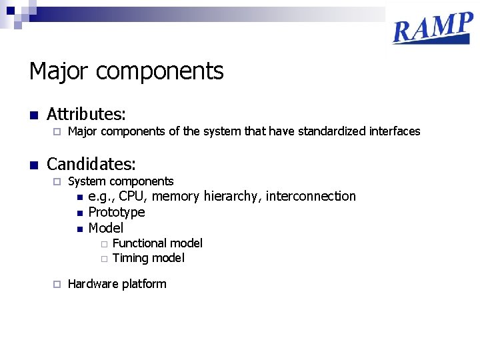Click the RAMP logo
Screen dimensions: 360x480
[433, 29]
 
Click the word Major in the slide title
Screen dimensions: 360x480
[55, 71]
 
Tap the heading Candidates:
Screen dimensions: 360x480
[91, 164]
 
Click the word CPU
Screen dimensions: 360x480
[131, 196]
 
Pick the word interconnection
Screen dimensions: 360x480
[311, 196]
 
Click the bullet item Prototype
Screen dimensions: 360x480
[117, 212]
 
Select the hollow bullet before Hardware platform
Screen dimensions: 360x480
[57, 284]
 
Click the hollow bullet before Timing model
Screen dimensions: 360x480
[104, 259]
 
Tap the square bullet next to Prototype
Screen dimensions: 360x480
[79, 213]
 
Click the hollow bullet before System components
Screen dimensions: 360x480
[57, 181]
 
